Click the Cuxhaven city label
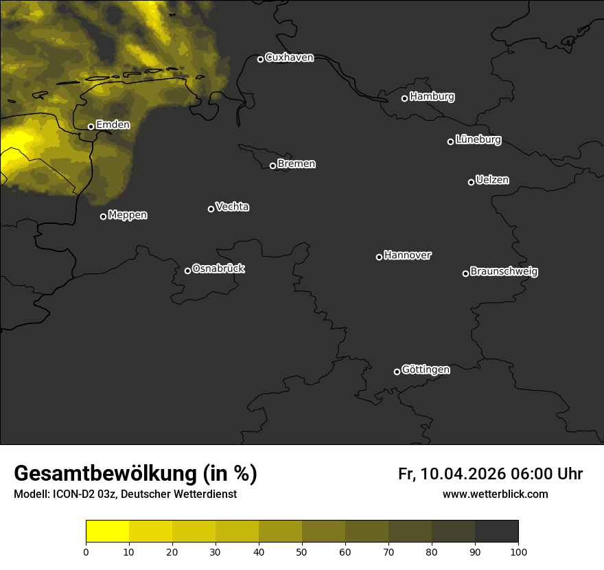point(289,58)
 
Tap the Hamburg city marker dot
point(404,98)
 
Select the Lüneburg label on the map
point(478,140)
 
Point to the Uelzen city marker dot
point(471,182)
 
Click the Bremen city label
point(297,164)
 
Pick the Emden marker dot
point(91,126)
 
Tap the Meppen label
point(128,215)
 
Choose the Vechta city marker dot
point(211,209)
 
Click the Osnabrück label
point(218,269)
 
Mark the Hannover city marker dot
point(379,257)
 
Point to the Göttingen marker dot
point(397,372)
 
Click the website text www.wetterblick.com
point(495,494)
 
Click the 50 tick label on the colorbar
point(302,551)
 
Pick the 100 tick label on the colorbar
point(518,551)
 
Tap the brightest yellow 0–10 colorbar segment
point(108,532)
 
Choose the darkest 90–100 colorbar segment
point(496,532)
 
